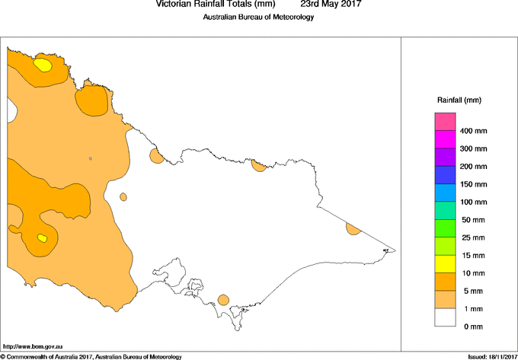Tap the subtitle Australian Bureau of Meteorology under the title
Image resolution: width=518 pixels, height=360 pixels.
(x=258, y=18)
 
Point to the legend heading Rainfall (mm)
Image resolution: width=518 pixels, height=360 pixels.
(x=459, y=100)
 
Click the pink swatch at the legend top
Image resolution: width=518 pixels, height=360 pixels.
(x=445, y=122)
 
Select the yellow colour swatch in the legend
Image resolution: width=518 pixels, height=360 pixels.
(x=445, y=264)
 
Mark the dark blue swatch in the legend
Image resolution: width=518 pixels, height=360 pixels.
(x=445, y=175)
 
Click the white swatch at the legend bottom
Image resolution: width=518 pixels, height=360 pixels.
(x=445, y=317)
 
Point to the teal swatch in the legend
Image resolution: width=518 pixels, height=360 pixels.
(x=445, y=211)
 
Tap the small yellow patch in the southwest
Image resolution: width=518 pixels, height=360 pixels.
(x=43, y=239)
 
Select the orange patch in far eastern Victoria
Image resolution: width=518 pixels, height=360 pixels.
(x=353, y=229)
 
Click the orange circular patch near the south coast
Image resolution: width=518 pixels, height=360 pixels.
(x=223, y=300)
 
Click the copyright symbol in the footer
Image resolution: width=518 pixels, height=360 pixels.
(x=3, y=356)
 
